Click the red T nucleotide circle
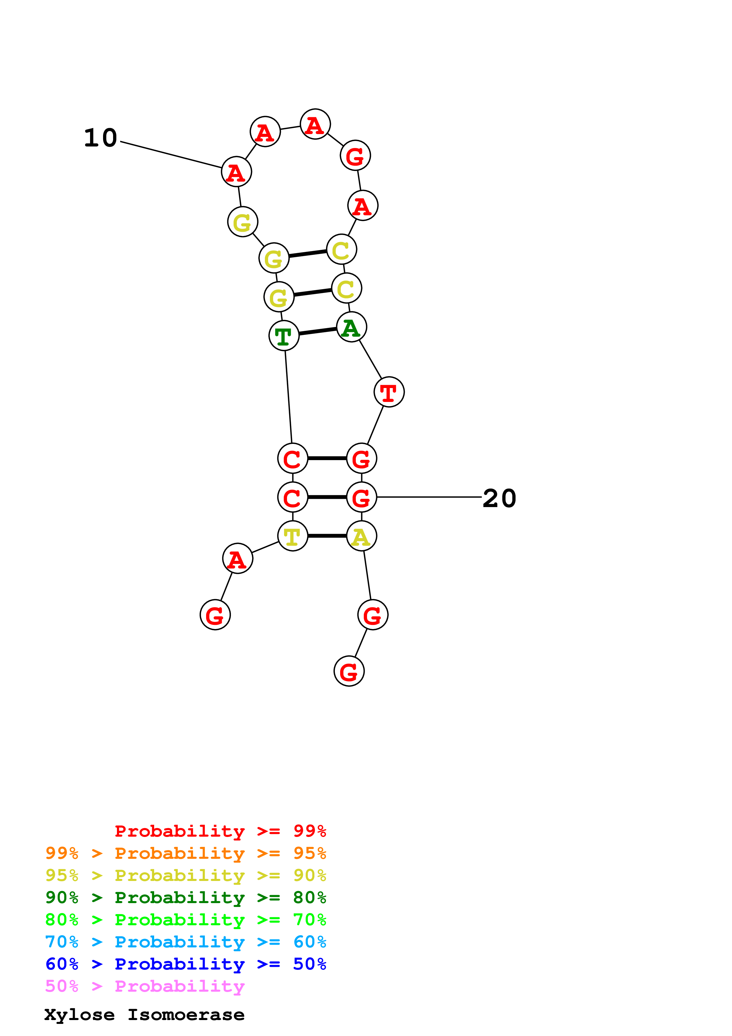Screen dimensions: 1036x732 pos(389,392)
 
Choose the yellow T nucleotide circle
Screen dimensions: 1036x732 pos(292,536)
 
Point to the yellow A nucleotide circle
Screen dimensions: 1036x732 pos(361,536)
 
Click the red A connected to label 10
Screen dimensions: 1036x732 pos(236,172)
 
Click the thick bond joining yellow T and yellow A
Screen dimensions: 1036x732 pos(327,536)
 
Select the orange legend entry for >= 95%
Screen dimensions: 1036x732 pos(185,853)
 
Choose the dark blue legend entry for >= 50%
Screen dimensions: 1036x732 pos(185,964)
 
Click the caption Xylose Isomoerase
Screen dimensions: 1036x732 pos(144,1015)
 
